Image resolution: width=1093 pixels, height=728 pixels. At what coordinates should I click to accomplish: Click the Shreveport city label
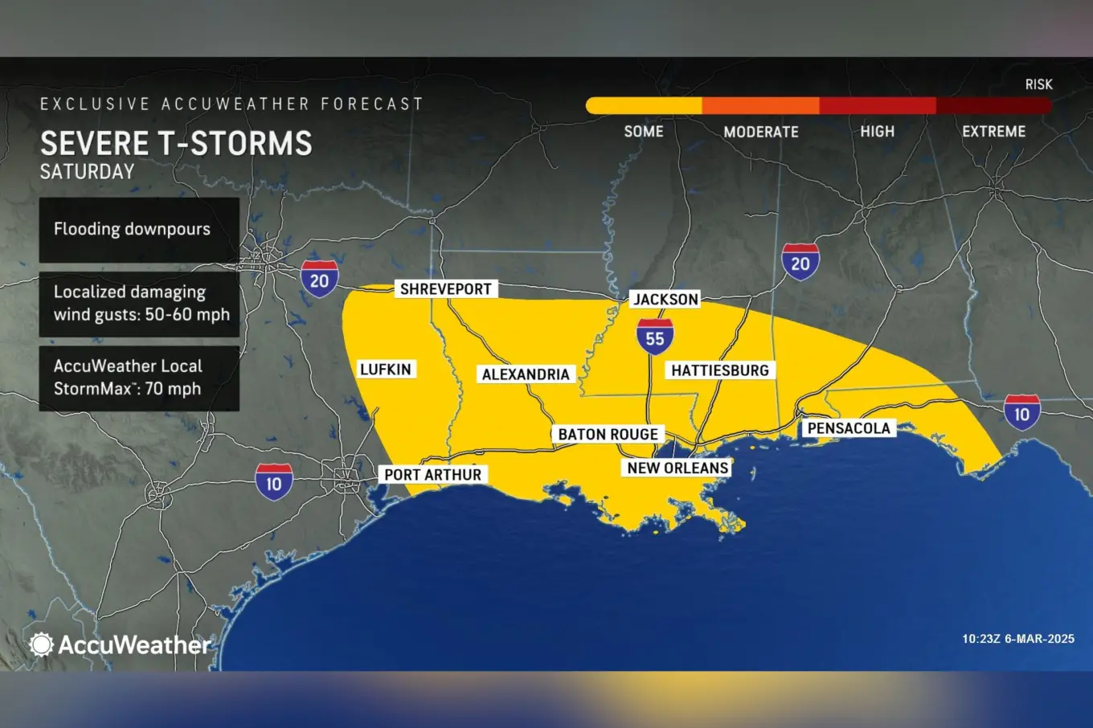(445, 289)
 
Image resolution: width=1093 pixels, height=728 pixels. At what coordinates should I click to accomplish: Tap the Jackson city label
(665, 300)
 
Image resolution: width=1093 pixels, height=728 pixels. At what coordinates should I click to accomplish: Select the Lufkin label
(385, 370)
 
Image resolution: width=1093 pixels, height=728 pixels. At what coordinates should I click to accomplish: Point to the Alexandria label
(526, 374)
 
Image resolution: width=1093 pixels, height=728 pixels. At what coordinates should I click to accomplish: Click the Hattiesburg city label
(720, 370)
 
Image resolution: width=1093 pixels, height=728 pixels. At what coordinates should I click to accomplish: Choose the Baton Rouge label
(608, 435)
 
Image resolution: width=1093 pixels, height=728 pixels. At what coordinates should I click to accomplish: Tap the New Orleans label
(677, 468)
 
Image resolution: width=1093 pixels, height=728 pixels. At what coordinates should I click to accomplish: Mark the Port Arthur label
(432, 475)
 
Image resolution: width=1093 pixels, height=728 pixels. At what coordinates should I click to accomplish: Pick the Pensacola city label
(849, 428)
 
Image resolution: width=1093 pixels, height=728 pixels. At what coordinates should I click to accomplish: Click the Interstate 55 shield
(655, 337)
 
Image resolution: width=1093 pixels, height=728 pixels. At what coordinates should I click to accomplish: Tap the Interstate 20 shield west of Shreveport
(319, 280)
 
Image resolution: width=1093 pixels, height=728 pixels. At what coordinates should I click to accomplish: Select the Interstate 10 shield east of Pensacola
(1021, 413)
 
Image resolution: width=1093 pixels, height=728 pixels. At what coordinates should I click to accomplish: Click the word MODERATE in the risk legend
(760, 132)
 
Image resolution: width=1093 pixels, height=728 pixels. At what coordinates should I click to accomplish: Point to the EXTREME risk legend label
(993, 132)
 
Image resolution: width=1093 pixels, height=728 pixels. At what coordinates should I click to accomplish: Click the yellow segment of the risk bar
(644, 106)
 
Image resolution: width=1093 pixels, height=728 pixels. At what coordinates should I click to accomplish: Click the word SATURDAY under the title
(88, 172)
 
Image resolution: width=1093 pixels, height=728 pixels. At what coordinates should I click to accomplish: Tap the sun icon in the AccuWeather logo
(41, 644)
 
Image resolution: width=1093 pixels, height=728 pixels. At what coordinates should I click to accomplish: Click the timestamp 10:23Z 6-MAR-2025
(1017, 639)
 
